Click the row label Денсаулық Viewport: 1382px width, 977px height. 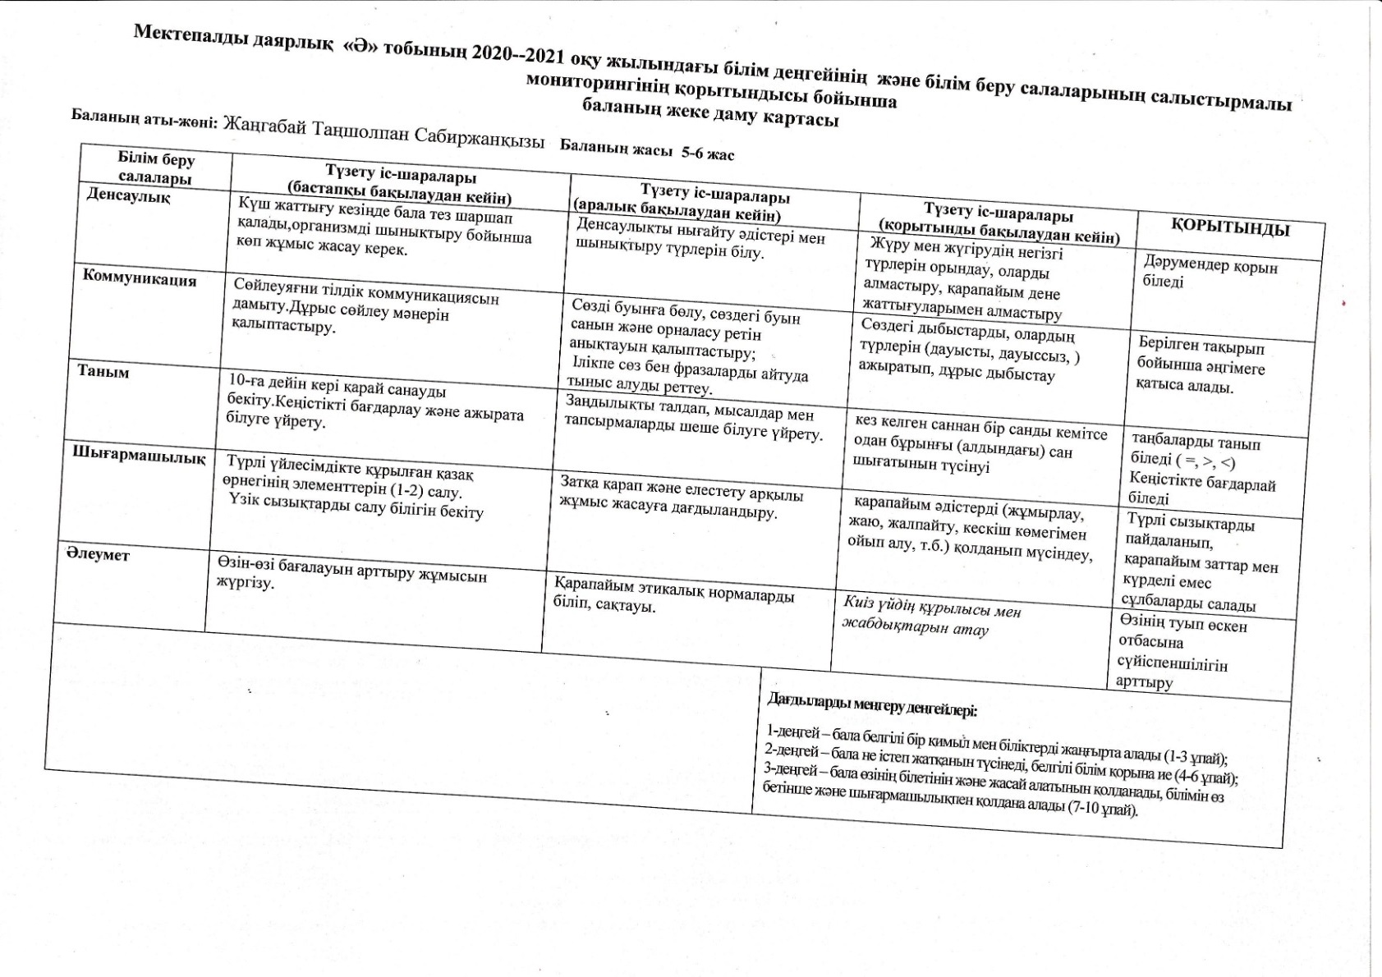(x=129, y=197)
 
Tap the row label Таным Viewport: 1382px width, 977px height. (x=103, y=371)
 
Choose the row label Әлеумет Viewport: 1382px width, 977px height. (x=98, y=554)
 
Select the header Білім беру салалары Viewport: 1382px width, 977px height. (x=156, y=168)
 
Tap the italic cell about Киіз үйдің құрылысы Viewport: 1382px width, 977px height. (x=931, y=619)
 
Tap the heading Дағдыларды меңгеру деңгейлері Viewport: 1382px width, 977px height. (x=872, y=704)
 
